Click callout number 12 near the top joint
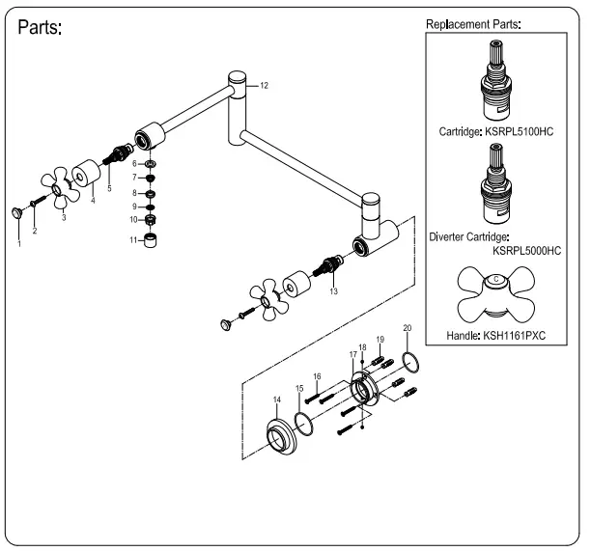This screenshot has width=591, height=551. pyautogui.click(x=264, y=86)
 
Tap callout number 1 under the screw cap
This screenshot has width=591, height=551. pyautogui.click(x=18, y=243)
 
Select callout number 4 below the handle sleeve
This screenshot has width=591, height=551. pyautogui.click(x=93, y=201)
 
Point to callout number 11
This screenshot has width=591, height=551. pyautogui.click(x=135, y=239)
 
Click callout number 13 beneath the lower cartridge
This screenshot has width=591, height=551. pyautogui.click(x=333, y=290)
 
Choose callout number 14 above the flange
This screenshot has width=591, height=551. pyautogui.click(x=277, y=399)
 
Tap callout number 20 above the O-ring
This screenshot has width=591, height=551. pyautogui.click(x=407, y=329)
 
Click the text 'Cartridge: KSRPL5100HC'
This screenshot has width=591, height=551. pyautogui.click(x=493, y=131)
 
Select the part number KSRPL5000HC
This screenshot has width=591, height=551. pyautogui.click(x=526, y=250)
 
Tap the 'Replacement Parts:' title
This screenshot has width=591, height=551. pyautogui.click(x=473, y=23)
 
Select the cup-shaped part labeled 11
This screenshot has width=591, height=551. pyautogui.click(x=151, y=239)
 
